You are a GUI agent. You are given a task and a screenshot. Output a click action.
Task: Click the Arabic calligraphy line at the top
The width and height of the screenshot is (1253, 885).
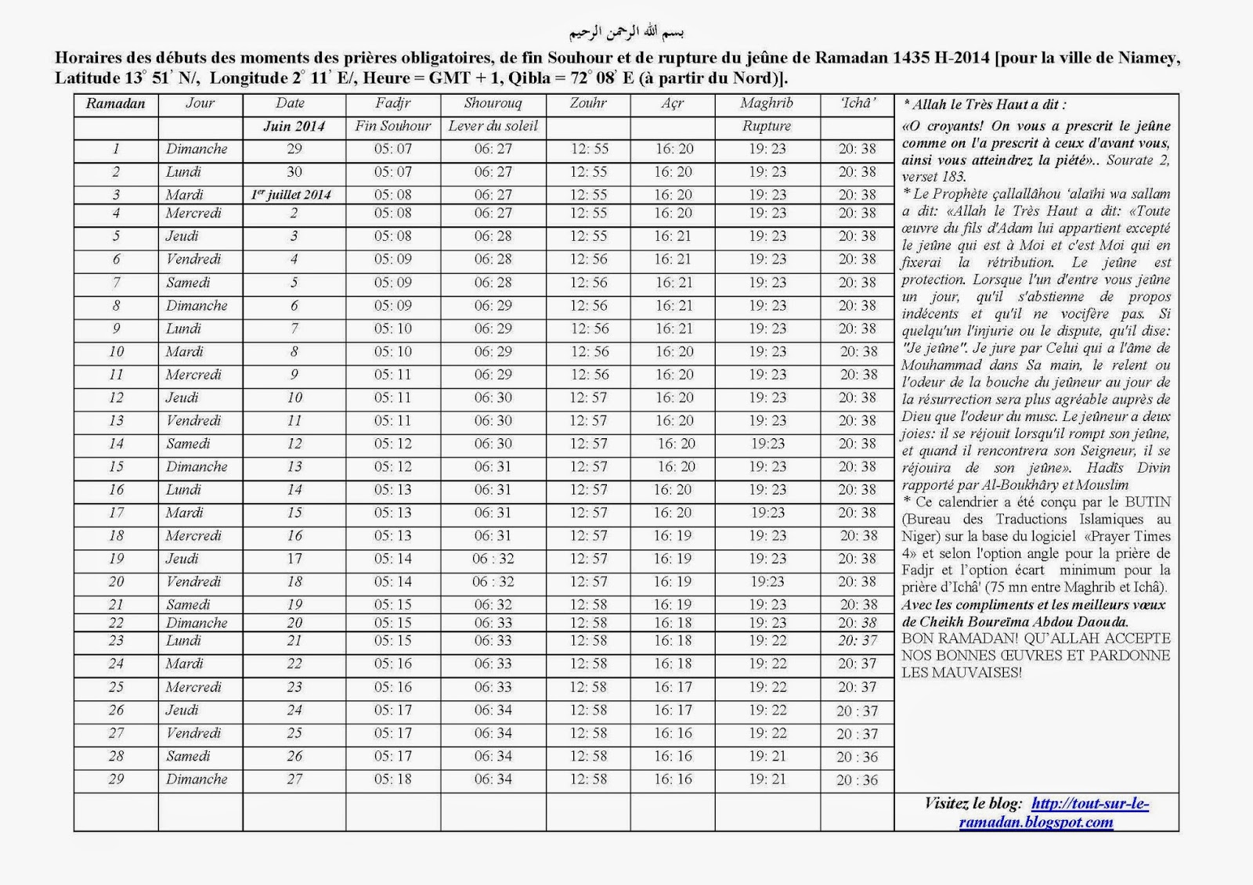626,33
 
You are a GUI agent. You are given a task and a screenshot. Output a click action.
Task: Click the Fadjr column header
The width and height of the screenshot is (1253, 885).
392,103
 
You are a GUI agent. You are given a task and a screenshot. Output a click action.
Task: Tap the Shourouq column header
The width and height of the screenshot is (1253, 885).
493,103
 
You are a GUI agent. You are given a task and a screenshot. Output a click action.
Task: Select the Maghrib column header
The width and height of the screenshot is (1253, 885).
766,103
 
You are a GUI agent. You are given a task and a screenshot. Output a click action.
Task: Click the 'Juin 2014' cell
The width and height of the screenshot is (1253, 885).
294,127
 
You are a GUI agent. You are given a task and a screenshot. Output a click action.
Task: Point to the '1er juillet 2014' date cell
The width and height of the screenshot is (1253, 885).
291,195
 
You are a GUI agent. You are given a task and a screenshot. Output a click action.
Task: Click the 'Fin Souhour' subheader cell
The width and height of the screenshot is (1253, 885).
392,127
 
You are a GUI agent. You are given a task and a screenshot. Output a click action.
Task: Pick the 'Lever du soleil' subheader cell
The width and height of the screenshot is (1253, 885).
493,127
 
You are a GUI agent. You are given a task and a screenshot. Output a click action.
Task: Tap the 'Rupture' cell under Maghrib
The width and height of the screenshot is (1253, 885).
766,127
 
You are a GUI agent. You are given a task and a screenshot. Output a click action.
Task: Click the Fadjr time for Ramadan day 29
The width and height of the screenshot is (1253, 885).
392,779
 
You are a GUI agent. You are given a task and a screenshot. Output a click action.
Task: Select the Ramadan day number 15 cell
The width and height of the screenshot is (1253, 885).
116,467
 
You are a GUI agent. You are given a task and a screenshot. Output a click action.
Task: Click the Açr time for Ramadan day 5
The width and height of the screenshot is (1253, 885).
673,236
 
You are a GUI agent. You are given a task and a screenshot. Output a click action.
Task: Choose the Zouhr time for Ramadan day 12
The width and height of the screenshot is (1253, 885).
588,398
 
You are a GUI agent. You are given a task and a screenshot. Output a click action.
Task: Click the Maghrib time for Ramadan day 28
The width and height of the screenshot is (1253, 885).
767,757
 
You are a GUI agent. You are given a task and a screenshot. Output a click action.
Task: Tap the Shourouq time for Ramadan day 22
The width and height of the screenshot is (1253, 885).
493,623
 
